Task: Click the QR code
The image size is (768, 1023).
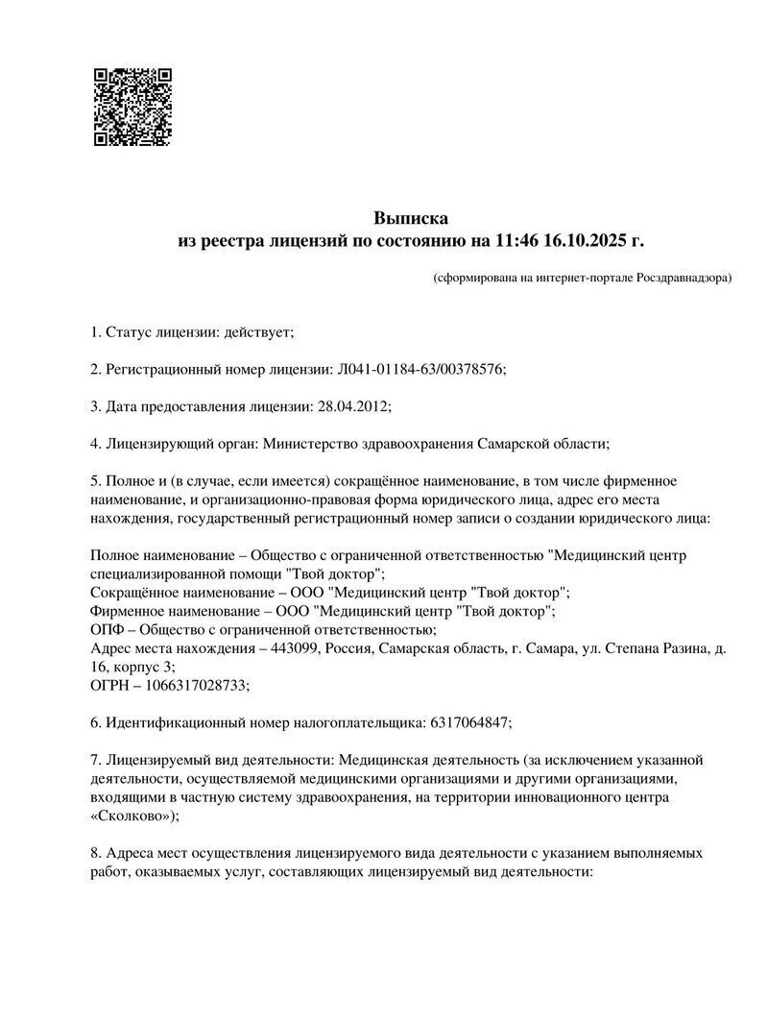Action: pos(132,107)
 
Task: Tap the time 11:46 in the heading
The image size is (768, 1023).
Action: pos(517,239)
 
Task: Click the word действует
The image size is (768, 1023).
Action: pos(256,332)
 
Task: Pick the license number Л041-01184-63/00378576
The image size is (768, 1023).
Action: pos(420,370)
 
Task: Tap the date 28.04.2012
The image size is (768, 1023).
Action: pos(351,406)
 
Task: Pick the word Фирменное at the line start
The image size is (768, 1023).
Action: pos(127,612)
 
